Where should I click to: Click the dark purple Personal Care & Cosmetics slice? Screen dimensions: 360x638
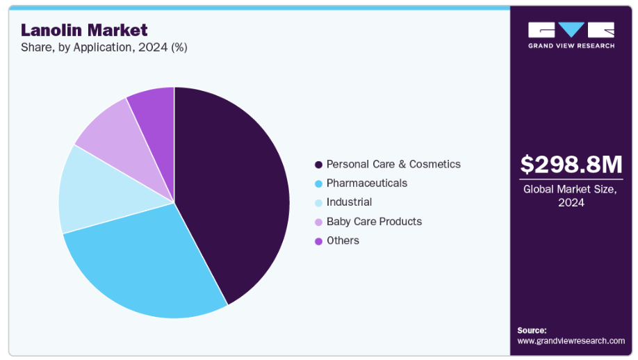pyautogui.click(x=236, y=195)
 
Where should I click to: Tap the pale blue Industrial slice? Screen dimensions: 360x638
pyautogui.click(x=97, y=191)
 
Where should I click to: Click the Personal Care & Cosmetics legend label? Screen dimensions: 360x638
pyautogui.click(x=393, y=165)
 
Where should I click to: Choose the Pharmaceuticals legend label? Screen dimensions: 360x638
pyautogui.click(x=367, y=183)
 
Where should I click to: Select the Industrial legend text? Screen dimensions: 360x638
pyautogui.click(x=349, y=202)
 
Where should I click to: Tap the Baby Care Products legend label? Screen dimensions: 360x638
pyautogui.click(x=374, y=222)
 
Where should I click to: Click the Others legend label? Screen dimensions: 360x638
pyautogui.click(x=343, y=240)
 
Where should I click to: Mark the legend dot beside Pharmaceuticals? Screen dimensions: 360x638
pyautogui.click(x=318, y=183)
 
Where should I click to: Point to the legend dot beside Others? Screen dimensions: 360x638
pyautogui.click(x=318, y=240)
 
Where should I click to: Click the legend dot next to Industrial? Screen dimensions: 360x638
pyautogui.click(x=318, y=202)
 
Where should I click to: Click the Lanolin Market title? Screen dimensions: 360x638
pyautogui.click(x=84, y=30)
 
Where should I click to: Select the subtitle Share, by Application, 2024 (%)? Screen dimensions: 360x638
pyautogui.click(x=104, y=48)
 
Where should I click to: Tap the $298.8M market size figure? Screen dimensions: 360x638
pyautogui.click(x=571, y=165)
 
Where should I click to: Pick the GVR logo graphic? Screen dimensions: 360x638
pyautogui.click(x=571, y=30)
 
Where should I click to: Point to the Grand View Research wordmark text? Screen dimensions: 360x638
pyautogui.click(x=571, y=46)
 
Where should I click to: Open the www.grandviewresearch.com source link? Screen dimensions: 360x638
pyautogui.click(x=571, y=341)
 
